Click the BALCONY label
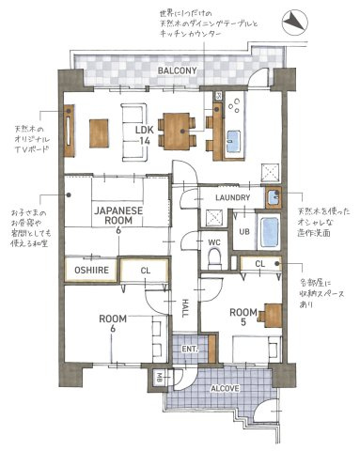176,71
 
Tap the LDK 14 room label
144,133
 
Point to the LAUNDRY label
232,198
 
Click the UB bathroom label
243,231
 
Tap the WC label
213,241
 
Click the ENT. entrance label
190,349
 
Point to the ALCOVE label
224,387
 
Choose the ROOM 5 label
243,318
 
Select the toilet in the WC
212,261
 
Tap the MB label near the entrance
161,379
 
